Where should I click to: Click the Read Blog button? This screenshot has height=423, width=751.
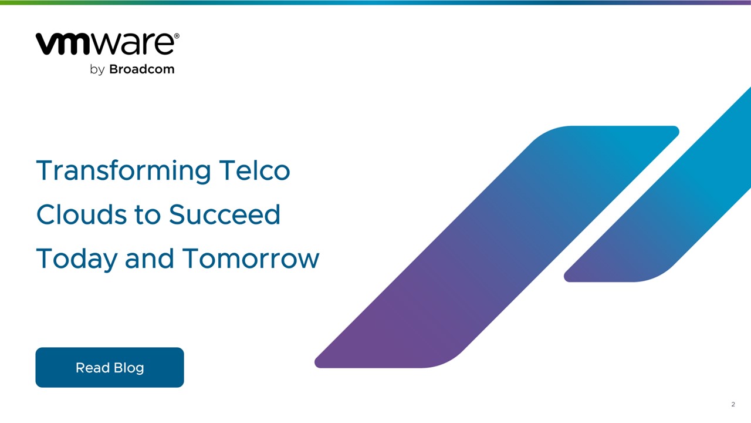pyautogui.click(x=110, y=367)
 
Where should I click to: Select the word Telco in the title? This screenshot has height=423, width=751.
pyautogui.click(x=255, y=170)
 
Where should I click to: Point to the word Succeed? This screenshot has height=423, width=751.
pyautogui.click(x=225, y=214)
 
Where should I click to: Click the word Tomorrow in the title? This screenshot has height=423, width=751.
pyautogui.click(x=251, y=258)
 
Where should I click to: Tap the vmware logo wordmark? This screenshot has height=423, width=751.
pyautogui.click(x=106, y=44)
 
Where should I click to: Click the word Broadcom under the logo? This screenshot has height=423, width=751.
pyautogui.click(x=142, y=69)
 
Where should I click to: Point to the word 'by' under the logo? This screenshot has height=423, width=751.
pyautogui.click(x=97, y=70)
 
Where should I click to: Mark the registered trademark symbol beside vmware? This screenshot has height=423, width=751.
pyautogui.click(x=177, y=36)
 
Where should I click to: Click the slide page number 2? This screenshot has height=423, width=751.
pyautogui.click(x=733, y=404)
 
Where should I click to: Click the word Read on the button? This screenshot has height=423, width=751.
pyautogui.click(x=93, y=368)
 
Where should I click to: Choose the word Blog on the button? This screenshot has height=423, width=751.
pyautogui.click(x=128, y=368)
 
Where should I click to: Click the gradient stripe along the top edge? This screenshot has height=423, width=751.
pyautogui.click(x=375, y=2)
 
